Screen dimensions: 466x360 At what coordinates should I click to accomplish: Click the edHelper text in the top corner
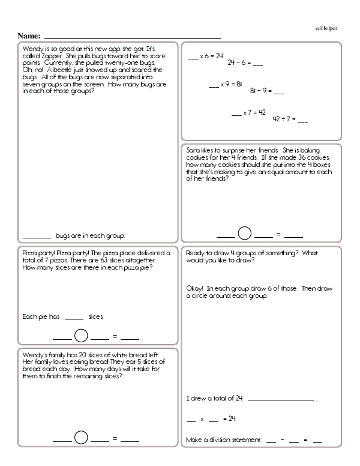point(326,27)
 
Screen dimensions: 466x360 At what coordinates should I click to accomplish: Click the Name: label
point(29,36)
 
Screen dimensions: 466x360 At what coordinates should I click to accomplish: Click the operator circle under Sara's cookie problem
point(245,233)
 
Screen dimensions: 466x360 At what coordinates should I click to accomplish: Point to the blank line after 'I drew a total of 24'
point(280,401)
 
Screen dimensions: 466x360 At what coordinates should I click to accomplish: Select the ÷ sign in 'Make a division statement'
point(282,440)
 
